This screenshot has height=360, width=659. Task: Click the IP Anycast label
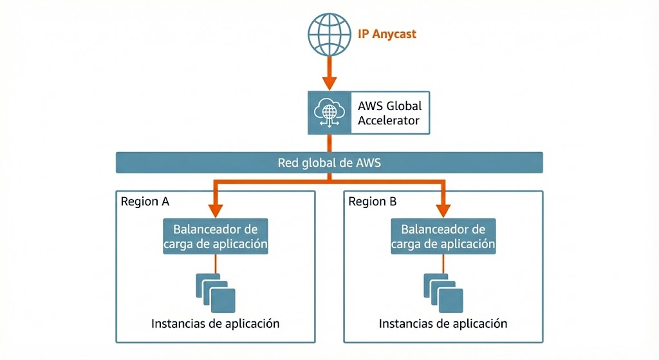pos(387,33)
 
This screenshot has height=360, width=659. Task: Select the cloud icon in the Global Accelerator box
pos(329,113)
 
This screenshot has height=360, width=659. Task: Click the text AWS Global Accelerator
pos(389,112)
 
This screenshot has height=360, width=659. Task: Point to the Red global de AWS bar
pos(329,162)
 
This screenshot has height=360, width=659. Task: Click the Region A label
pos(145,202)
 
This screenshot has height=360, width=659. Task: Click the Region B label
pos(373,202)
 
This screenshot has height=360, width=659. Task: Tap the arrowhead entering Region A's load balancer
pos(216,210)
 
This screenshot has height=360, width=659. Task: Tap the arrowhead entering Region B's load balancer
pos(443,210)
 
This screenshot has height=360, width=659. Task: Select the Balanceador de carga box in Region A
pos(215,236)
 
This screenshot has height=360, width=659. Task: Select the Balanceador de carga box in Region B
pos(443,236)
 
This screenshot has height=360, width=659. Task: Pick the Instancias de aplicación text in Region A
pos(216,323)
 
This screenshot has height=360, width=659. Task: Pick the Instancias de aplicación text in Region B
pos(443,323)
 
